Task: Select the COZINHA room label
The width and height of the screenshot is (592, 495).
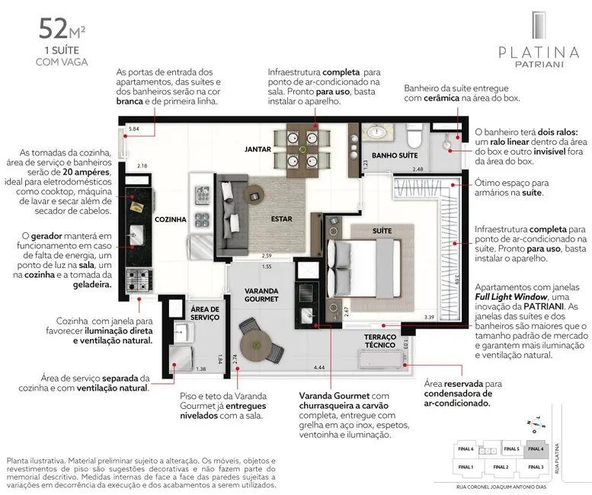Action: (171, 219)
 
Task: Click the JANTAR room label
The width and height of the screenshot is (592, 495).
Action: (258, 148)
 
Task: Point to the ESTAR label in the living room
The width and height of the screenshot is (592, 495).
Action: (281, 219)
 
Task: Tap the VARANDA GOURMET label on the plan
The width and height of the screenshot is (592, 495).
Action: (262, 295)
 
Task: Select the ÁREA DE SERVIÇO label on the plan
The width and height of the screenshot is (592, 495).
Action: (204, 313)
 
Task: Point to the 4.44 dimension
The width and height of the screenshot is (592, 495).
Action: (318, 369)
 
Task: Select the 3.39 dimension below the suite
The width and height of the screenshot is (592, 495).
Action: (428, 317)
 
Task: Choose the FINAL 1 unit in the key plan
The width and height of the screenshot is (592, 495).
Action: (466, 466)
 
